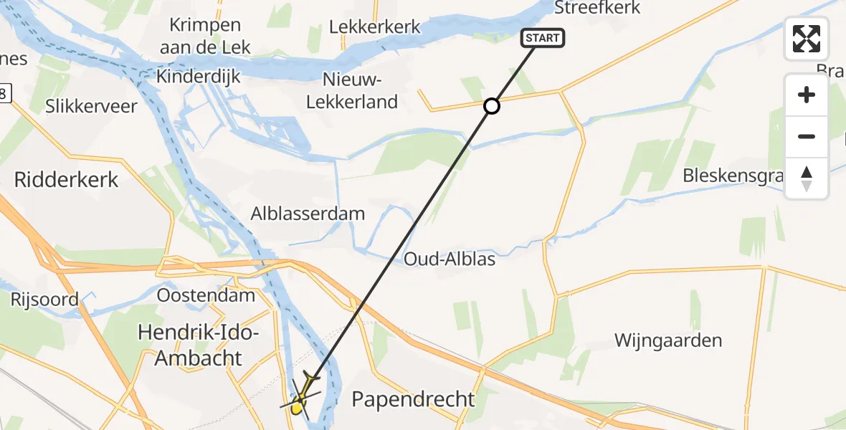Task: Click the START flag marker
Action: (543, 38)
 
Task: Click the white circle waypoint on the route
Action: (491, 106)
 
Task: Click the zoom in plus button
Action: (807, 95)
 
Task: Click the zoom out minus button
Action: (807, 136)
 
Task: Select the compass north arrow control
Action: (807, 178)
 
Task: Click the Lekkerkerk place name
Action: (374, 27)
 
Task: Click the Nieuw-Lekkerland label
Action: (351, 90)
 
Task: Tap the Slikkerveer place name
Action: (91, 107)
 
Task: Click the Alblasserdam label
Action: (308, 213)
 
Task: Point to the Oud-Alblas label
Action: (450, 259)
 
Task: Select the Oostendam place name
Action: (206, 295)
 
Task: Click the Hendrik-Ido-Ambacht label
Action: (199, 345)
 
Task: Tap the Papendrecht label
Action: (413, 399)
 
